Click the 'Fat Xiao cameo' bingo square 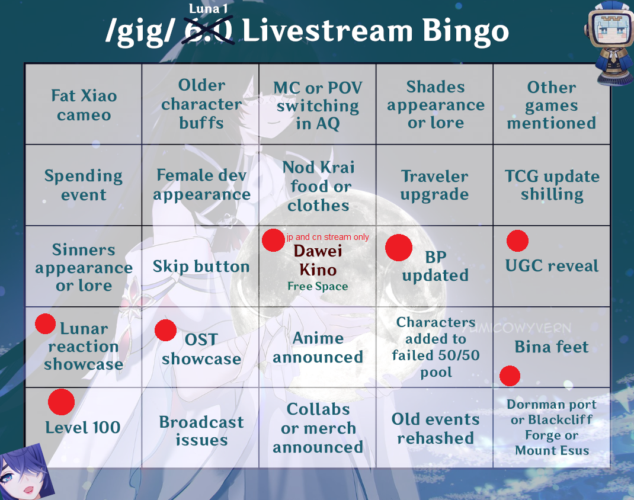pos(84,104)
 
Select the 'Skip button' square pos(200,266)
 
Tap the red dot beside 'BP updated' pos(399,248)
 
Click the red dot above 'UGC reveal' pos(517,241)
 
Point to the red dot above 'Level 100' pos(61,402)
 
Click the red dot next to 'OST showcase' pos(165,330)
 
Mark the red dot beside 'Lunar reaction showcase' pos(45,324)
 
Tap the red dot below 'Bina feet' pos(510,376)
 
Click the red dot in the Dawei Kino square pos(273,240)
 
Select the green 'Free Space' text pos(318,287)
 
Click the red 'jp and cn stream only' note pos(328,238)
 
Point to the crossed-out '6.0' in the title pos(208,30)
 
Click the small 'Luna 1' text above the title pos(208,8)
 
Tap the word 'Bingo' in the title pos(465,31)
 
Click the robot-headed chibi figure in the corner pos(609,43)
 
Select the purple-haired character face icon pos(27,472)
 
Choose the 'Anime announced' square pos(318,347)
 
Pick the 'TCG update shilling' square pos(552,185)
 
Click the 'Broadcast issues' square pos(201,428)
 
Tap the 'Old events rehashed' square pos(435,428)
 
